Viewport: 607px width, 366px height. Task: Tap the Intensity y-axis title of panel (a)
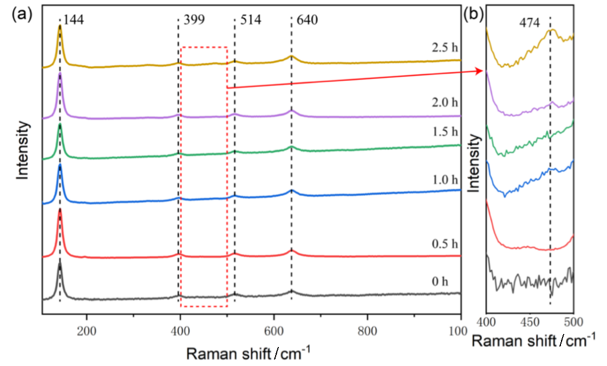point(22,151)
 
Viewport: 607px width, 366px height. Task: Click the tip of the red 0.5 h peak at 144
point(60,209)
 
